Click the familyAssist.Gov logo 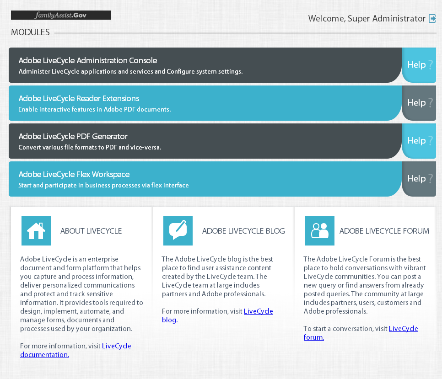[x=61, y=15]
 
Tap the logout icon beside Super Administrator [x=432, y=19]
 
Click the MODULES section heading [x=30, y=32]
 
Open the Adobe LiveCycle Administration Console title [x=88, y=60]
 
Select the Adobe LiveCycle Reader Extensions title [x=79, y=98]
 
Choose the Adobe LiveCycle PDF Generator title [x=73, y=136]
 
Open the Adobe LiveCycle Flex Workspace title [x=74, y=174]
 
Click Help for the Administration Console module [x=419, y=65]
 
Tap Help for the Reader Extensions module [x=419, y=103]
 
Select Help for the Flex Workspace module [x=419, y=179]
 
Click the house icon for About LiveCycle [x=36, y=231]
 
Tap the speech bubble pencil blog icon [x=178, y=231]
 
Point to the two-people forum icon [x=320, y=231]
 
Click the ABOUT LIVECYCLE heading [x=91, y=231]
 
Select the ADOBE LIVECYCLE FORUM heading [x=384, y=231]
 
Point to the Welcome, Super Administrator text [x=367, y=19]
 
